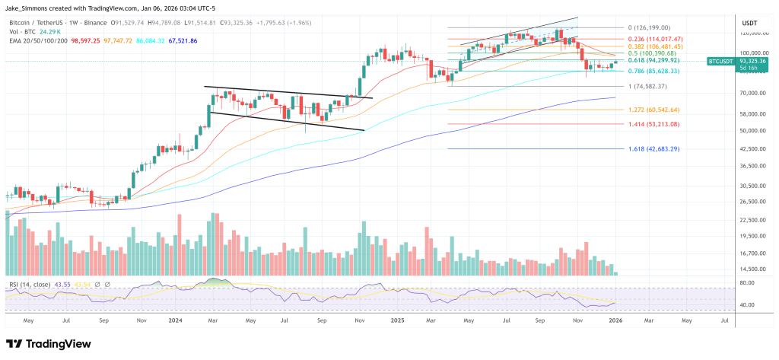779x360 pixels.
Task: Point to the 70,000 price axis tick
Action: pyautogui.click(x=752, y=93)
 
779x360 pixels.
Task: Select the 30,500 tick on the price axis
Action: pyautogui.click(x=752, y=185)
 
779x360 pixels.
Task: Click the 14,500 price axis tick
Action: pyautogui.click(x=752, y=269)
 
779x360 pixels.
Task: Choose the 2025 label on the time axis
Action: pyautogui.click(x=396, y=321)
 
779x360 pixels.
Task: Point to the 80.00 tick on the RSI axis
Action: pyautogui.click(x=748, y=283)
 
